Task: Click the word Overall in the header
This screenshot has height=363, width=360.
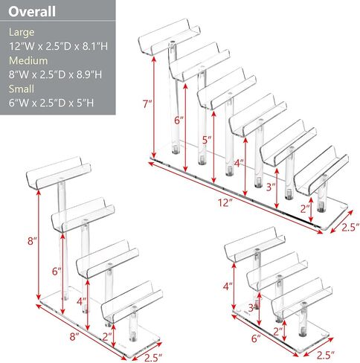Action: pyautogui.click(x=32, y=11)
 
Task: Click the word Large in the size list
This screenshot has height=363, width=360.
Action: pyautogui.click(x=22, y=32)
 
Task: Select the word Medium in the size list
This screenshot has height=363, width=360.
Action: pyautogui.click(x=28, y=60)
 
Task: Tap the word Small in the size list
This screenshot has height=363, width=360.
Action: pyautogui.click(x=22, y=89)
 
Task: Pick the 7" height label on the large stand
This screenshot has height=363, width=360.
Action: pyautogui.click(x=147, y=104)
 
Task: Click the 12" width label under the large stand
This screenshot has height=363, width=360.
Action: pyautogui.click(x=225, y=202)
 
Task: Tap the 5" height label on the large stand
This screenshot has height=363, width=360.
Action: pyautogui.click(x=207, y=140)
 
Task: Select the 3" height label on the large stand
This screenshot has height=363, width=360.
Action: pyautogui.click(x=271, y=187)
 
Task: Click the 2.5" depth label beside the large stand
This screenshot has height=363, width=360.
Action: pyautogui.click(x=350, y=228)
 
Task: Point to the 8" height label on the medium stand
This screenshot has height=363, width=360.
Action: pyautogui.click(x=32, y=241)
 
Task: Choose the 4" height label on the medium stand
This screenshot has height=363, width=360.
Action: pyautogui.click(x=81, y=302)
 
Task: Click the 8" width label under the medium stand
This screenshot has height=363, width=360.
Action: pyautogui.click(x=74, y=337)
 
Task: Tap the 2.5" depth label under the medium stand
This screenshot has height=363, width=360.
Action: pyautogui.click(x=153, y=358)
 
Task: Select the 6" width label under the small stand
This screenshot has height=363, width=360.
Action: pyautogui.click(x=256, y=338)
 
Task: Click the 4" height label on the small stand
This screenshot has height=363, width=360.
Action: pyautogui.click(x=228, y=286)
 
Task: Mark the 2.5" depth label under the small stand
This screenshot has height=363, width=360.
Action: pyautogui.click(x=326, y=356)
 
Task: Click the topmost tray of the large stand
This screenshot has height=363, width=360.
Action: pyautogui.click(x=170, y=36)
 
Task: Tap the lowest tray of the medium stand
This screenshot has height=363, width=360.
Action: pyautogui.click(x=132, y=302)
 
